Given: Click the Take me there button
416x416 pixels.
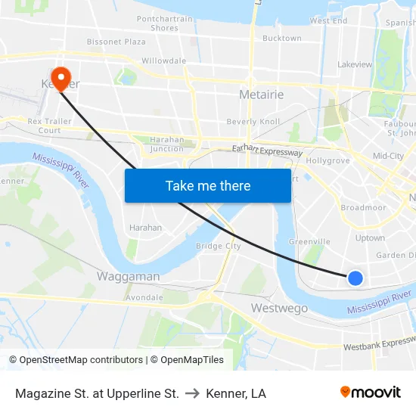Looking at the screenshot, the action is (x=208, y=185).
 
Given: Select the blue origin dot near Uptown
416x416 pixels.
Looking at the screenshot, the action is (x=355, y=278).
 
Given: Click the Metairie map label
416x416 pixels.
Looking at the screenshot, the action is (x=261, y=95).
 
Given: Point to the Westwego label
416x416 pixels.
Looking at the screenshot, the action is (x=279, y=309).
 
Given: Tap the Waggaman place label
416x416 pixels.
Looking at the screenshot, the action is (x=128, y=277).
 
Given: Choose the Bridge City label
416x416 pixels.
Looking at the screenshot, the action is (x=219, y=246).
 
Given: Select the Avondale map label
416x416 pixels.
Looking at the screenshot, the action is (x=144, y=297).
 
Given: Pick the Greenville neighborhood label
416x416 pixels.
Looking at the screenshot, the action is (x=309, y=242).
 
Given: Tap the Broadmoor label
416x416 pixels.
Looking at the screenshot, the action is (x=363, y=207).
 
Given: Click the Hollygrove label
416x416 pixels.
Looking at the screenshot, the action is (x=328, y=161).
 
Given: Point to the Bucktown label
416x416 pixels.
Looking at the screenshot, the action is (x=282, y=38).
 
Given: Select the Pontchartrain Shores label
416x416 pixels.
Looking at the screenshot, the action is (x=164, y=23).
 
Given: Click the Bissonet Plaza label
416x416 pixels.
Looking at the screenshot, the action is (x=116, y=42).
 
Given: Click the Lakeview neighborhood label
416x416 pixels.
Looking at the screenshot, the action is (x=355, y=65).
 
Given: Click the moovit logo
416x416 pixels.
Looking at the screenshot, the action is (x=371, y=392).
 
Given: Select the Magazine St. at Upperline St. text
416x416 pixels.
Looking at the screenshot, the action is (x=97, y=393).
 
